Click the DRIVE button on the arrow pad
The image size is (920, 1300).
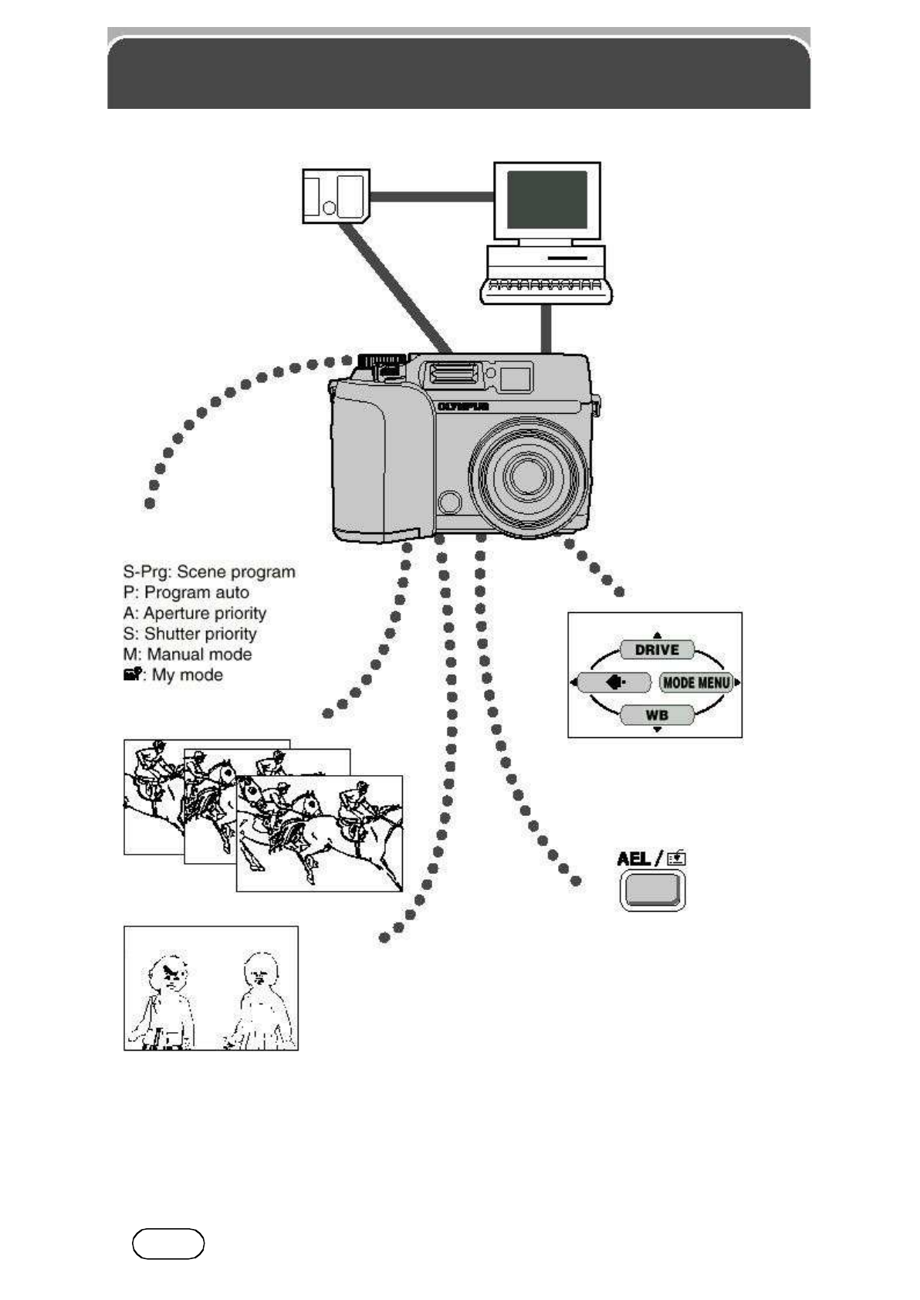(x=657, y=650)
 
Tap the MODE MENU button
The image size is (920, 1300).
(x=696, y=682)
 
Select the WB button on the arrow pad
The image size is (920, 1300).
(x=657, y=715)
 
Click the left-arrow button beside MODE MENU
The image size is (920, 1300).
(x=615, y=682)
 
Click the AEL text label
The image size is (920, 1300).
(x=634, y=858)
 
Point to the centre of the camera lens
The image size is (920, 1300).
(x=529, y=475)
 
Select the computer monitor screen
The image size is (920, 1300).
(x=546, y=199)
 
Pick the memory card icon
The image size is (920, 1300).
(x=336, y=196)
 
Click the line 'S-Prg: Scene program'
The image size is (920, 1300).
(x=209, y=572)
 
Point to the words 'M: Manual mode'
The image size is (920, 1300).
(x=188, y=654)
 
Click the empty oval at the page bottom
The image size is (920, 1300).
(x=168, y=1244)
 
